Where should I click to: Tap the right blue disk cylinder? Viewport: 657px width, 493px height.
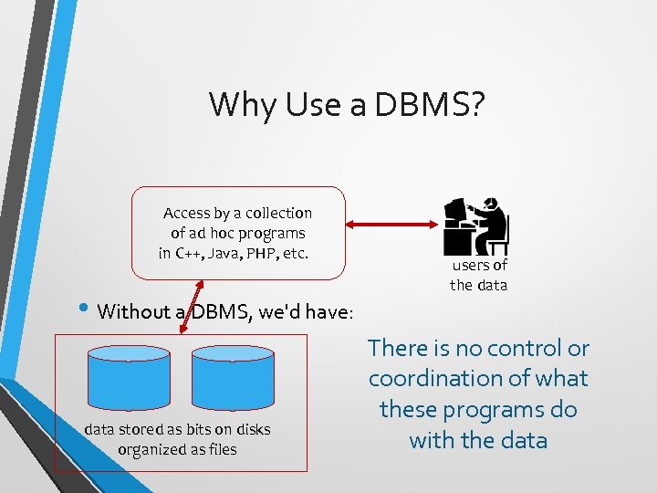(234, 380)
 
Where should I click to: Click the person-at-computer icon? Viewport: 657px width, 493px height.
(475, 226)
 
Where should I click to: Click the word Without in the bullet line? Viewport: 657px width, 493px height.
(134, 311)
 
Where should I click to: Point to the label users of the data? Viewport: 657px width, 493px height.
(478, 275)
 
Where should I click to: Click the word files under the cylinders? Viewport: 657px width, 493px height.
(220, 449)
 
